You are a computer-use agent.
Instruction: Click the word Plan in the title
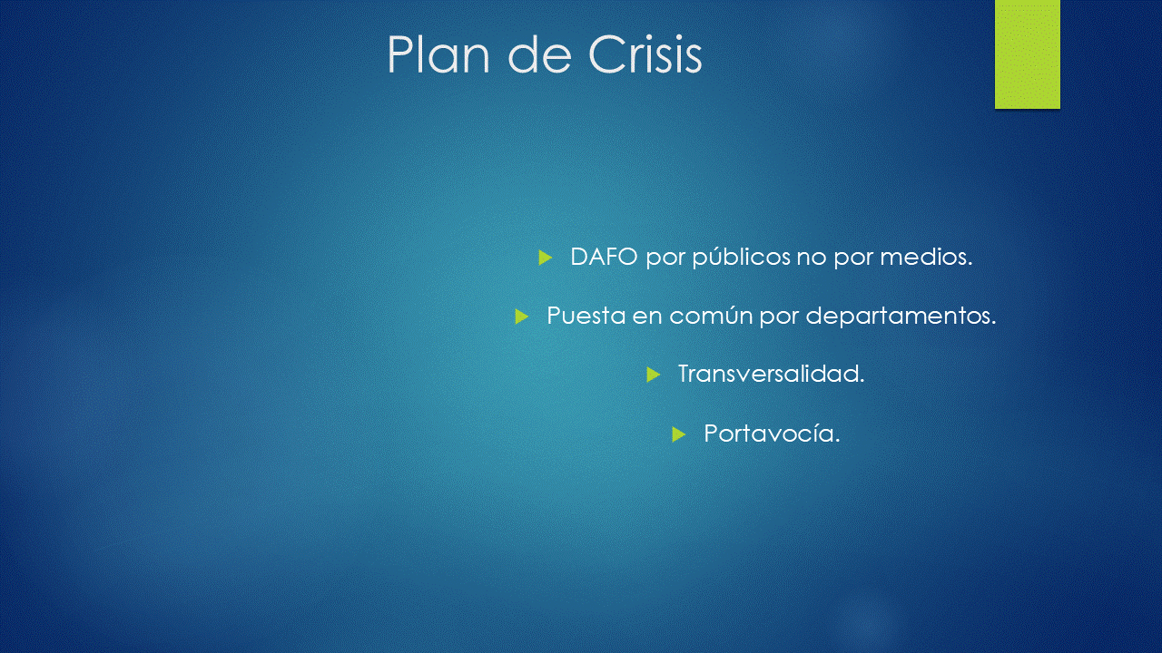[438, 54]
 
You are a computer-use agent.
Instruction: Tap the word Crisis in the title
[645, 54]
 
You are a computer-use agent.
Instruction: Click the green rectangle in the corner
[1027, 54]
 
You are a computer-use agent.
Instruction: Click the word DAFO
[604, 257]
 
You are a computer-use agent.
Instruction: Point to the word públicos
[742, 258]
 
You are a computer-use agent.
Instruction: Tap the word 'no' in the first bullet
[812, 258]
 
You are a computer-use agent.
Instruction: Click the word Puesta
[586, 316]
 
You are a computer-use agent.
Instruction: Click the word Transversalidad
[772, 374]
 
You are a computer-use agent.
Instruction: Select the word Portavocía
[772, 434]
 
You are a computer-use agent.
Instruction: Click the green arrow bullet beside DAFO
[546, 257]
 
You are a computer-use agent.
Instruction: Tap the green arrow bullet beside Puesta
[521, 317]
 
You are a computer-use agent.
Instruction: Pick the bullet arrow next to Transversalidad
[653, 375]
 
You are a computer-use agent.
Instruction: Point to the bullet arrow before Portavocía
[678, 434]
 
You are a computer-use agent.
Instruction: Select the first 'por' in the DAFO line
[665, 259]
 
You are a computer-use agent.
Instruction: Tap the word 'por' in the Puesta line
[779, 318]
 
